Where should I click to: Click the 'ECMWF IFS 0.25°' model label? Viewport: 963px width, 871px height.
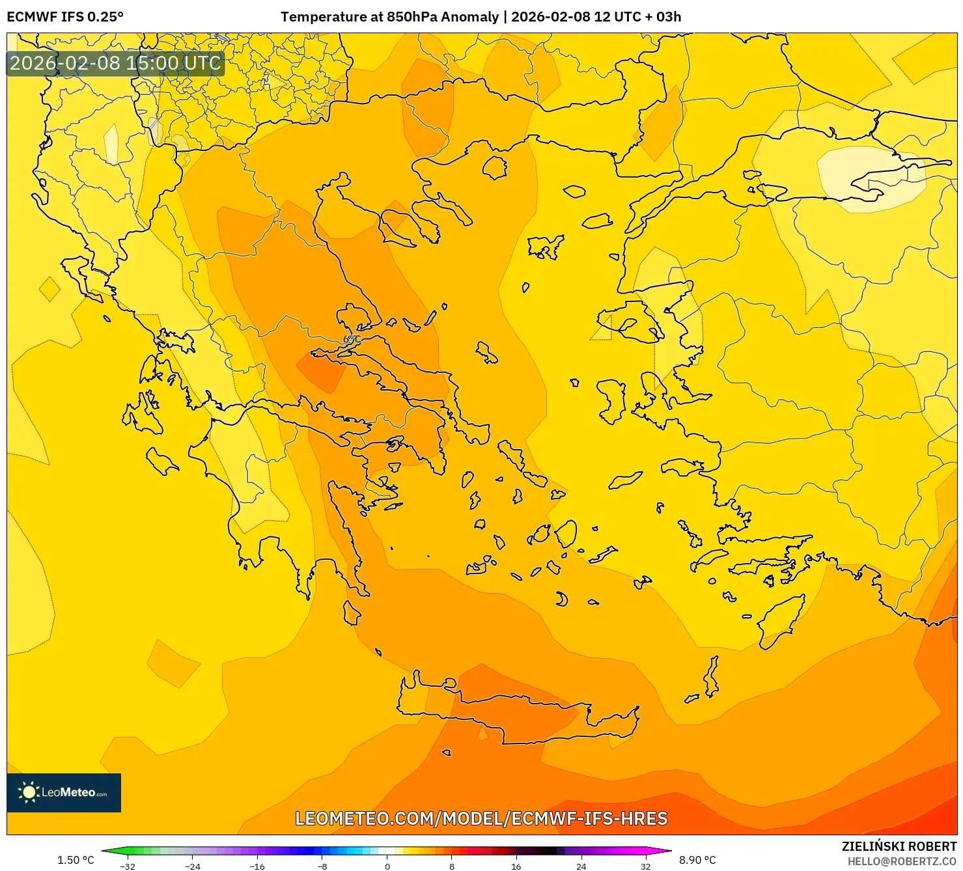coord(65,16)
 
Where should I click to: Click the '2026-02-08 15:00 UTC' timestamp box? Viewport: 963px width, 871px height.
coord(115,63)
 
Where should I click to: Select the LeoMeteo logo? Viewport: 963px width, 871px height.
coord(64,792)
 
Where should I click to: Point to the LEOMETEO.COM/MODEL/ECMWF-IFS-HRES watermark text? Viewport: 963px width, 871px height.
coord(481,818)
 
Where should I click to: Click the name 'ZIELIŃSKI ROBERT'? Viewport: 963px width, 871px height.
coord(899,847)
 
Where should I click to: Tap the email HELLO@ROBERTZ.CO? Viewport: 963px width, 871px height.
coord(902,861)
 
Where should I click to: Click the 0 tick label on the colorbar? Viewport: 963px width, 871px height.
coord(387,866)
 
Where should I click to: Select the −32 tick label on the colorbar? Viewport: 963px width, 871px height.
coord(128,866)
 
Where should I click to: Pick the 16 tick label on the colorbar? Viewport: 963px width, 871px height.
coord(516,866)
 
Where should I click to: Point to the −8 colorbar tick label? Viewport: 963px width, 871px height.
coord(322,866)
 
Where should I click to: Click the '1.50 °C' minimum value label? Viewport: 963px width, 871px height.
coord(76,860)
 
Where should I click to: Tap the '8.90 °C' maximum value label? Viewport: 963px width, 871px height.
coord(697,860)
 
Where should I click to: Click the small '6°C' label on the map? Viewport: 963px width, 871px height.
coord(352,339)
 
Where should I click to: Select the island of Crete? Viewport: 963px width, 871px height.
coord(521,716)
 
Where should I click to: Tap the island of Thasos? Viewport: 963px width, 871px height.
coord(495,167)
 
